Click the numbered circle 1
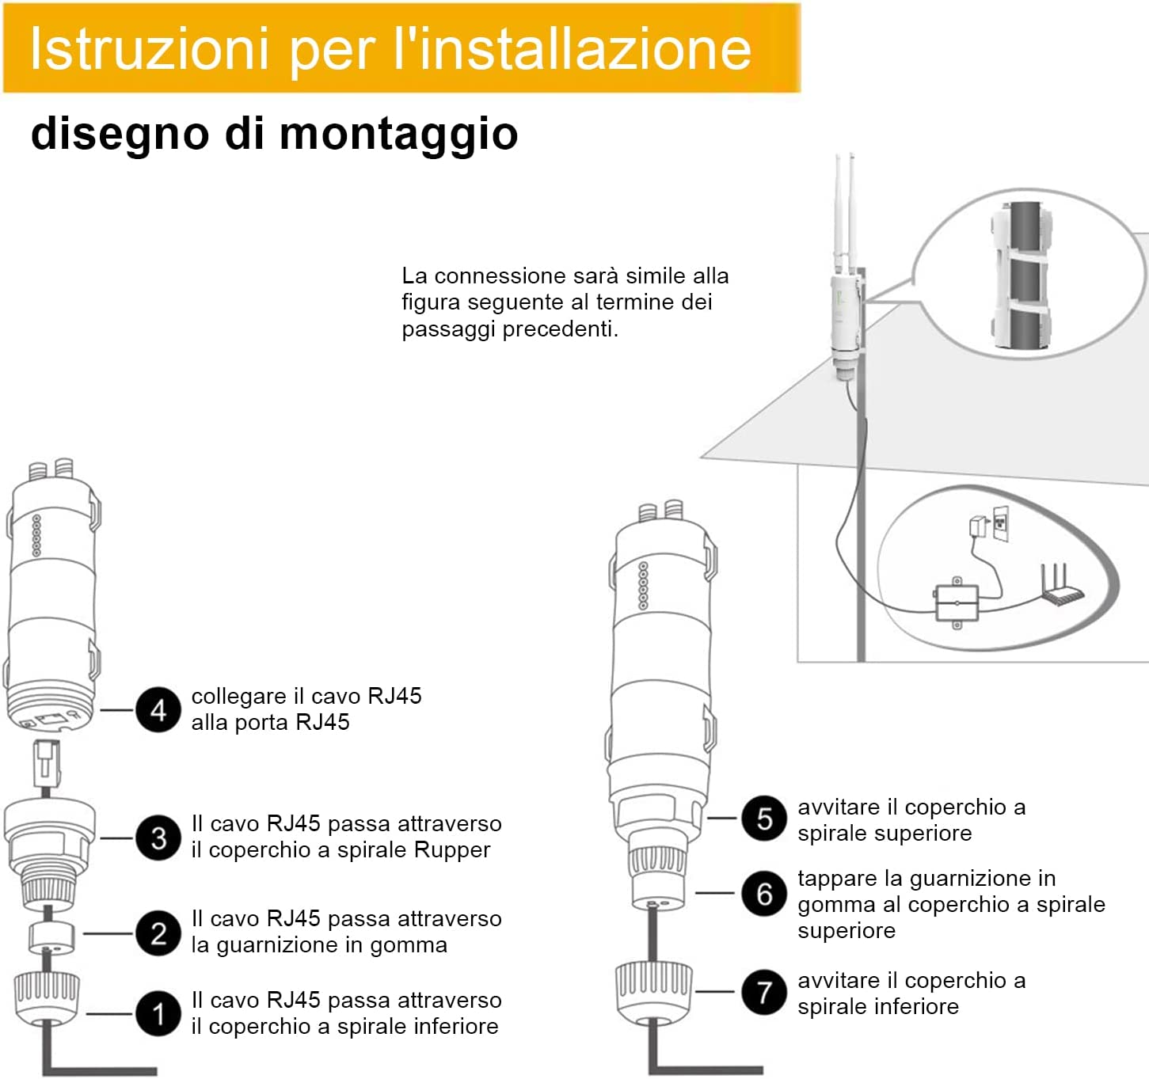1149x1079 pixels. tap(158, 1013)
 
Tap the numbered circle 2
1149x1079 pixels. tap(158, 933)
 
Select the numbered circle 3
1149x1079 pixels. tap(158, 838)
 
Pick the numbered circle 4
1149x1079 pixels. tap(158, 710)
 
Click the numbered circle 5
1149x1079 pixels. tap(764, 818)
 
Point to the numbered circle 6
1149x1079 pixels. tap(764, 893)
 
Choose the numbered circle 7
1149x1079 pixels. tap(764, 992)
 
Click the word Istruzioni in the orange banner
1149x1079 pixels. tap(149, 48)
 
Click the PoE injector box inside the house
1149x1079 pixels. tap(957, 603)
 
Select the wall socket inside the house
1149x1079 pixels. tap(1001, 523)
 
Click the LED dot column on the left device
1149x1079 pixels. tap(36, 535)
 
